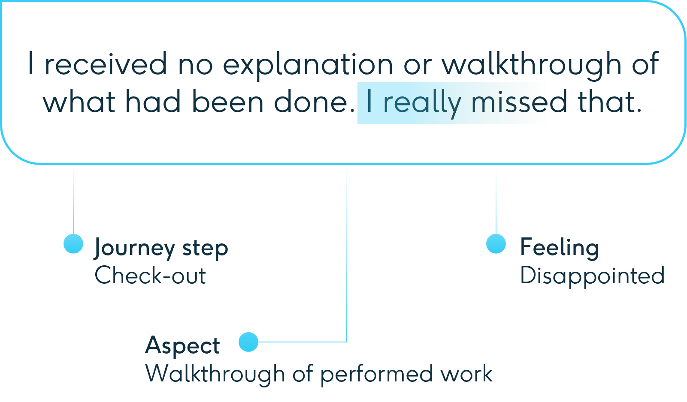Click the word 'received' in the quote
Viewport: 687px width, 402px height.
coord(106,63)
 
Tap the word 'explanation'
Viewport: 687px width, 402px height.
coord(308,66)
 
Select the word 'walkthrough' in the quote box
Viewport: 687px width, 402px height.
coord(532,66)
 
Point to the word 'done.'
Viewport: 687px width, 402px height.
coord(314,101)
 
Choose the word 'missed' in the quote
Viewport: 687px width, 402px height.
coord(519,101)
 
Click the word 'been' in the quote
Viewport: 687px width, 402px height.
coord(227,101)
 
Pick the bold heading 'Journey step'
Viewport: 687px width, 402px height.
coord(161,248)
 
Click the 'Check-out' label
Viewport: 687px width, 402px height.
coord(150,275)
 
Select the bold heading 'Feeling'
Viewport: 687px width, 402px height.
coord(560,248)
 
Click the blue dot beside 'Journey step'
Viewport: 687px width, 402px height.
coord(73,243)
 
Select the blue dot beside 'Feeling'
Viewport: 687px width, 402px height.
coord(496,243)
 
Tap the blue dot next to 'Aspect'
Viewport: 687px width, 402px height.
coord(248,342)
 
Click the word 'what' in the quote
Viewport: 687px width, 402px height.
coord(79,101)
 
